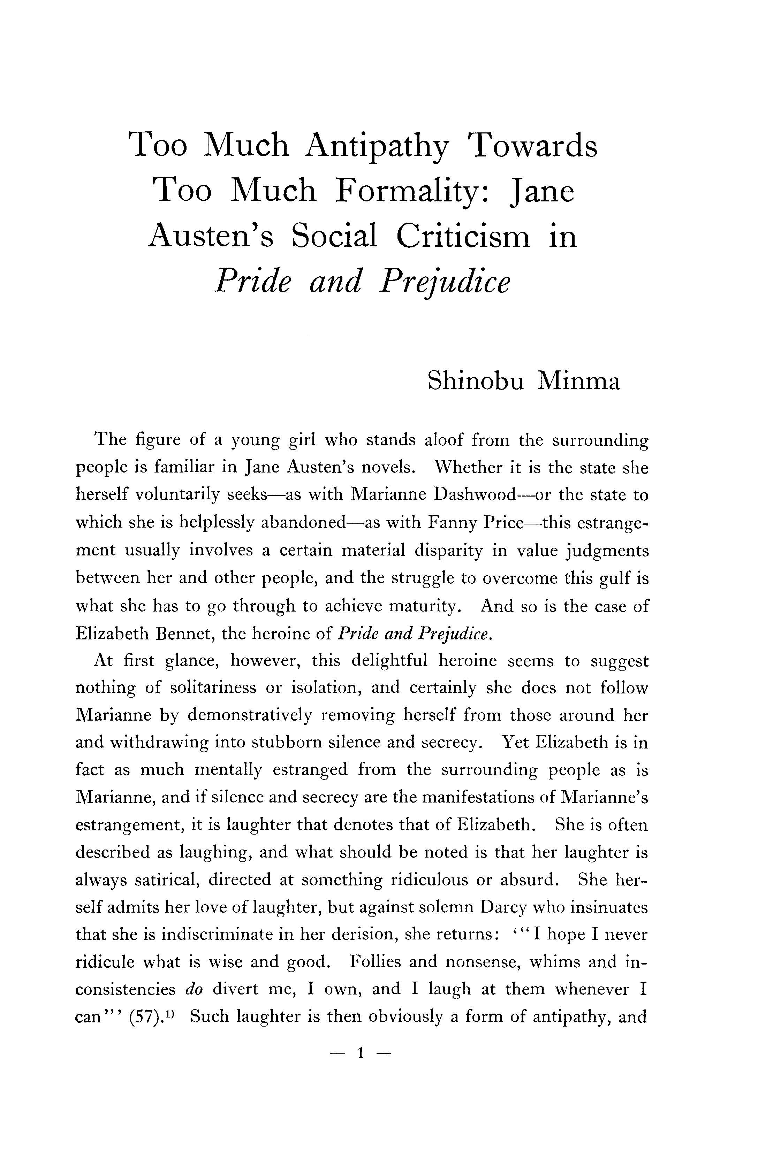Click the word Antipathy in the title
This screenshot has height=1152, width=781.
pos(377,146)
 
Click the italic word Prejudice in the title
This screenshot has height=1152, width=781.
pos(444,282)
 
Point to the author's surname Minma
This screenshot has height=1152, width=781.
pos(579,381)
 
